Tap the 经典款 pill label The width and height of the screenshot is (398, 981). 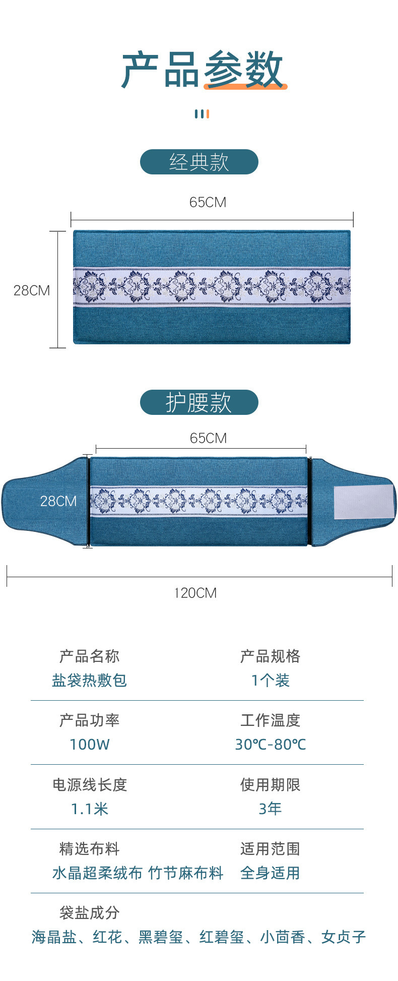coord(199,162)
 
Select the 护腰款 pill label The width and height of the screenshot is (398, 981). coord(199,402)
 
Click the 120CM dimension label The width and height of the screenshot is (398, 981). coord(195,593)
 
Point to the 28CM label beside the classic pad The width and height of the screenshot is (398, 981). coord(32,290)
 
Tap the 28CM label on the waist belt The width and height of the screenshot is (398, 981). coord(58,501)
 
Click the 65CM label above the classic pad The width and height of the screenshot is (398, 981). coord(208,202)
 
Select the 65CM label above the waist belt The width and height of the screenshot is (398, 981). coord(208,438)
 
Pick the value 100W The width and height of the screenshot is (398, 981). coord(90,745)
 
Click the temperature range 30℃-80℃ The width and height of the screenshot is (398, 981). coord(270,745)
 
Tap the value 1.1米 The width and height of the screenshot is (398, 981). coord(90,809)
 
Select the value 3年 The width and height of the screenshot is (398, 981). coord(270,809)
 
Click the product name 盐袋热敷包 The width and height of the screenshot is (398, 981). coord(89,681)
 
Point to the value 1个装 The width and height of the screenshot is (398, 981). coord(270,681)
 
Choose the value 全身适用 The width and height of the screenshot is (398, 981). coord(270,873)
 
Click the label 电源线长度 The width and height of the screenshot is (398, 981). coord(90,785)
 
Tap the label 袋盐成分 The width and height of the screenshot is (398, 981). coord(90,913)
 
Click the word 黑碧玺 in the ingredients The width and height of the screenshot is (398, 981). coord(161,938)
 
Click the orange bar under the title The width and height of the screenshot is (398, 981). coord(245,87)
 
